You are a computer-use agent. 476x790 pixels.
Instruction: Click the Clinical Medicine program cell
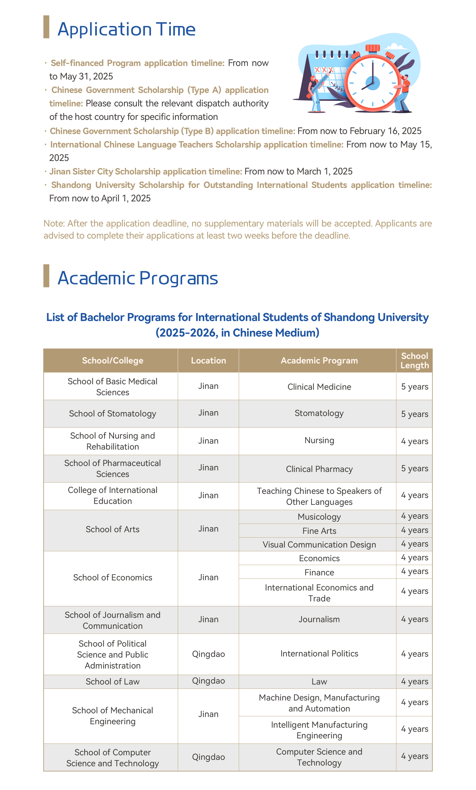point(319,387)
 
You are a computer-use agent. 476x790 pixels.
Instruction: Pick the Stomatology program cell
point(319,413)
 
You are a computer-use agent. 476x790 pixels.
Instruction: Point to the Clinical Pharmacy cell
point(319,469)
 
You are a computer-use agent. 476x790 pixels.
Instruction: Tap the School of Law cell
point(112,681)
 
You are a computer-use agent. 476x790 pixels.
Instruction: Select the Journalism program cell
point(319,619)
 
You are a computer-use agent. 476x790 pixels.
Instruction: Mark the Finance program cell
point(319,572)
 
